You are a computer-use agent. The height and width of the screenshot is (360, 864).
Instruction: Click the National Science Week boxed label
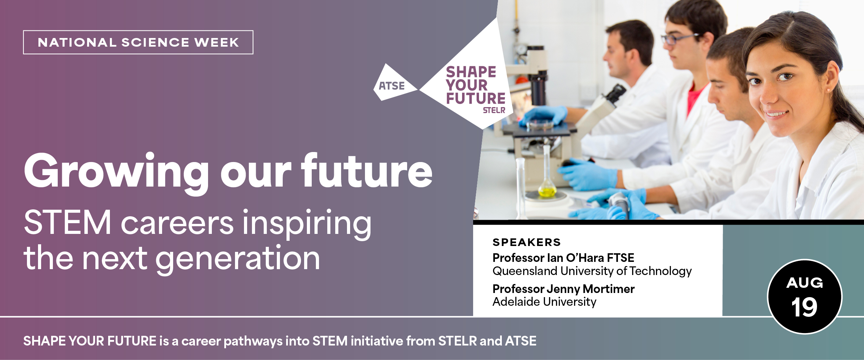[x=138, y=42]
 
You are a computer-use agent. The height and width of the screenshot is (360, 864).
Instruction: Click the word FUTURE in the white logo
[x=476, y=98]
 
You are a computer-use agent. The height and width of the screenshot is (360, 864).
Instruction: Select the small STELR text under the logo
[x=494, y=110]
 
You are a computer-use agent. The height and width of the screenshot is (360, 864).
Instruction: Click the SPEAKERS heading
[x=527, y=242]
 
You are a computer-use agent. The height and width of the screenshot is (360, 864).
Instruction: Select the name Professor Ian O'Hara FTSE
[x=563, y=258]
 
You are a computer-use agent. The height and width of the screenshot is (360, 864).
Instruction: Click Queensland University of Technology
[x=592, y=271]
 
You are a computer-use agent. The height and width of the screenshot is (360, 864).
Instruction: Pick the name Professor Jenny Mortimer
[x=564, y=289]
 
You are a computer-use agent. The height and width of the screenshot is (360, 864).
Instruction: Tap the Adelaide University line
[x=544, y=302]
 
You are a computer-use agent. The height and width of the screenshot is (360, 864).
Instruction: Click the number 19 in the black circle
[x=804, y=307]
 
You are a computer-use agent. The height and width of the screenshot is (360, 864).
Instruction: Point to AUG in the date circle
[x=805, y=283]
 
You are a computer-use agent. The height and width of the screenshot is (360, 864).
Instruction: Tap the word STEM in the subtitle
[x=68, y=223]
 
